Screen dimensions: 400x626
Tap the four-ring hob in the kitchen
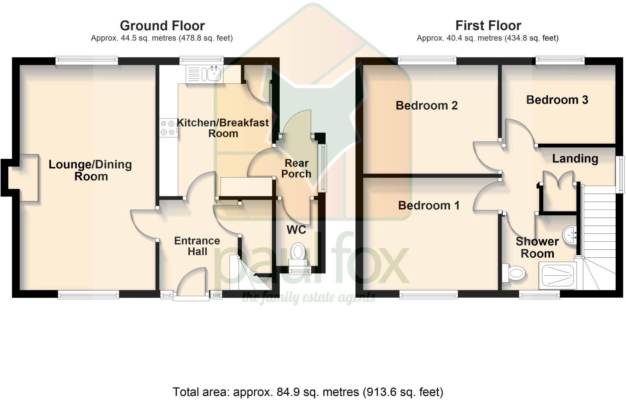[168, 128]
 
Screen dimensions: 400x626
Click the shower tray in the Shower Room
[558, 276]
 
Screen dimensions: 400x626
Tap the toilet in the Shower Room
[514, 273]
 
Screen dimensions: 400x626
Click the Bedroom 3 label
[557, 100]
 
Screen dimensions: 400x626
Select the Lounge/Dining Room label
[90, 170]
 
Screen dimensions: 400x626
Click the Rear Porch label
[296, 168]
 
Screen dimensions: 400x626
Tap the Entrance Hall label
[197, 246]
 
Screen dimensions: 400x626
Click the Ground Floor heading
[162, 26]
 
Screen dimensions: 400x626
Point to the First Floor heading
[488, 26]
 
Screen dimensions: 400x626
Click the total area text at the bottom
[308, 391]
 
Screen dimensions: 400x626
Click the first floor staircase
[599, 238]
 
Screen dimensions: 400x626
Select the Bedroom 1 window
[429, 294]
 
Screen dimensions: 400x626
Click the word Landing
[575, 159]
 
